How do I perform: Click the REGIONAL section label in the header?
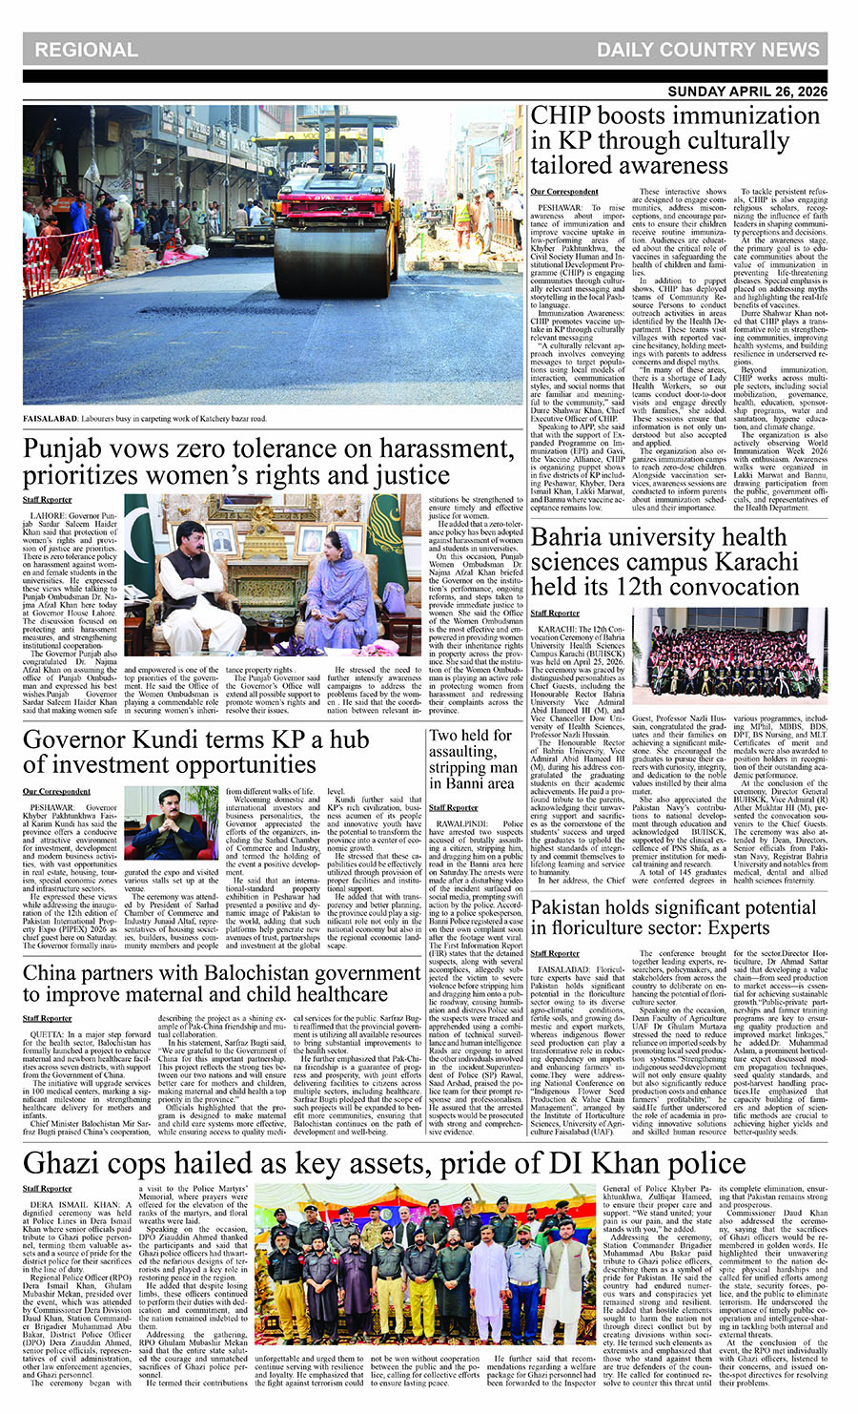point(87,51)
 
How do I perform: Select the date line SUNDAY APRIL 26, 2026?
point(747,92)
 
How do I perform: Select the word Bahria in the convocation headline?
point(577,536)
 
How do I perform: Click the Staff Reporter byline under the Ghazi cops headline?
point(48,1189)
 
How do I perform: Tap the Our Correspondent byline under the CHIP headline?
point(564,192)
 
